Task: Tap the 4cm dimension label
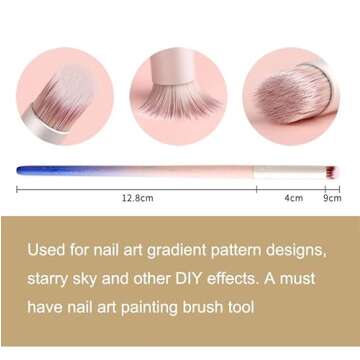[x=293, y=198]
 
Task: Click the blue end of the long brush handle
[x=25, y=170]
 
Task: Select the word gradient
[x=189, y=247]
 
